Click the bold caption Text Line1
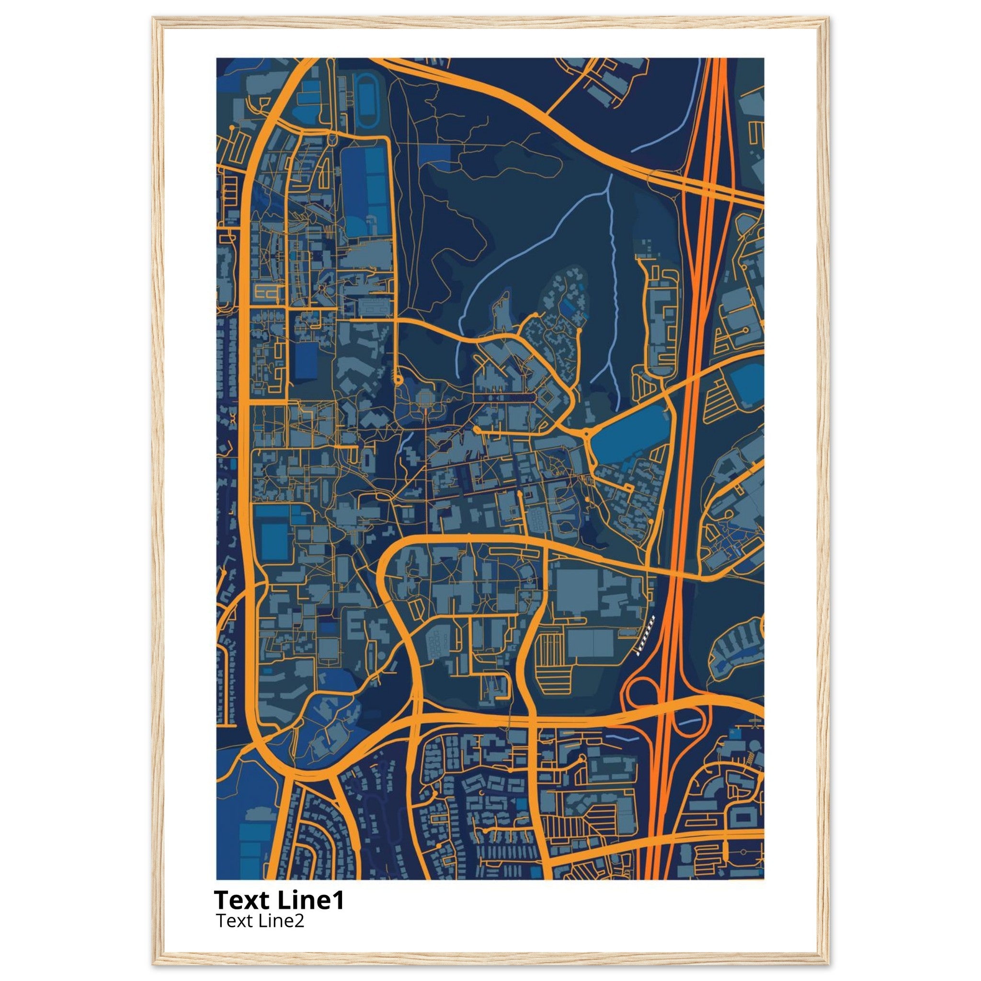(279, 900)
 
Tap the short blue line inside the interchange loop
(688, 721)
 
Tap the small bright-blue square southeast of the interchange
(732, 732)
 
